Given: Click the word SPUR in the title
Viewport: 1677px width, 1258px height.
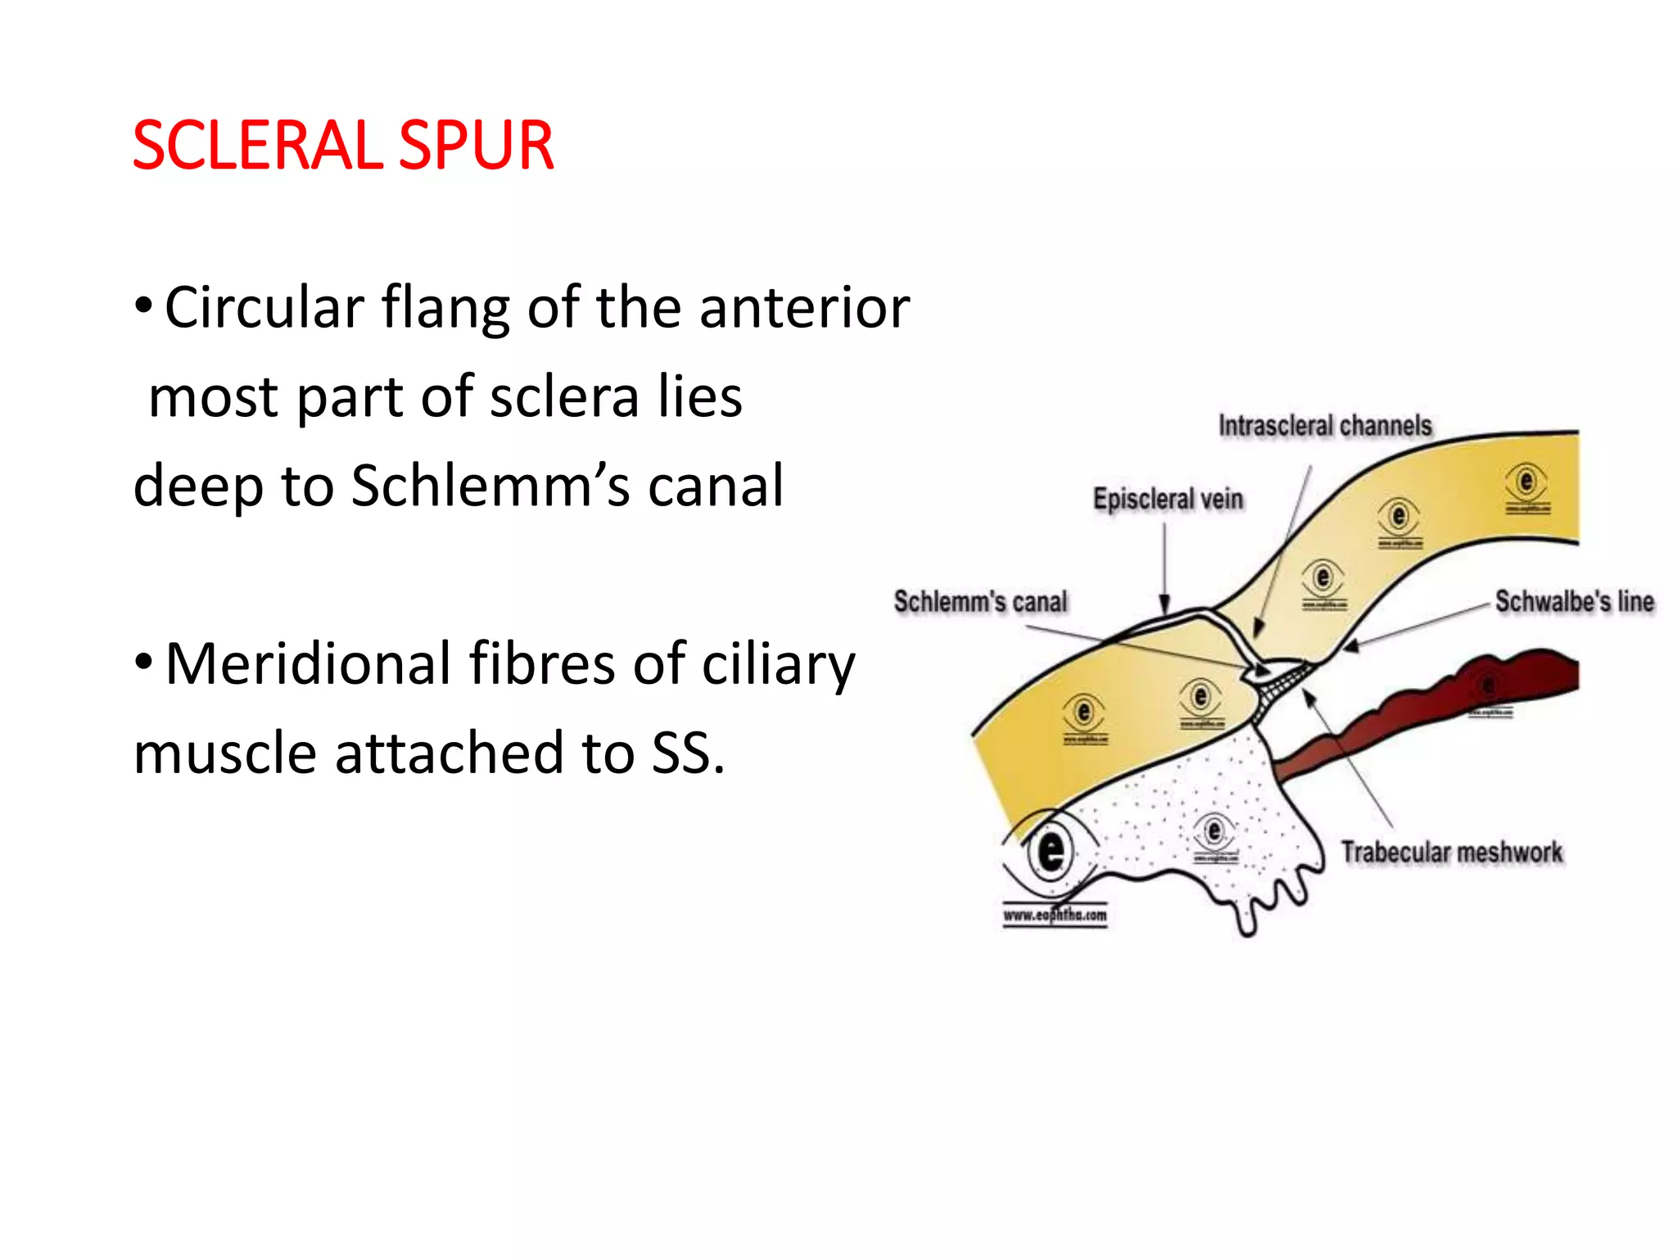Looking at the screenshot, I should coord(477,146).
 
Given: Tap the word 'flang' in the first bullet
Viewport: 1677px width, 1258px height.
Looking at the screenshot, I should coord(445,310).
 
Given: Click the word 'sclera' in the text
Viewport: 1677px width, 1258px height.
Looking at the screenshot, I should coord(564,397).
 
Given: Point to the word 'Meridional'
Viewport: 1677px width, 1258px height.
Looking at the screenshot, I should coord(308,664).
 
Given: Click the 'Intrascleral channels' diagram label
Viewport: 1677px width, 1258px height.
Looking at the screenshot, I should coord(1325,426).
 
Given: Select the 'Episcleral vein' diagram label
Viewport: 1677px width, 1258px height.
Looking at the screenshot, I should coord(1168,499).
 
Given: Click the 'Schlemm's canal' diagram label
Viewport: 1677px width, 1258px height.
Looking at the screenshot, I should coord(981,601).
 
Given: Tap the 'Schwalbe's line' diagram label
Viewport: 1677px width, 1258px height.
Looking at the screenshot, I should coord(1575,601).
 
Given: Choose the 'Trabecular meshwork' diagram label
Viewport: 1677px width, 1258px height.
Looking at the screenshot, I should coord(1452,853).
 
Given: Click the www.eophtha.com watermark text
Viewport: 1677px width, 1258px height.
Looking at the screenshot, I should coord(1055,916).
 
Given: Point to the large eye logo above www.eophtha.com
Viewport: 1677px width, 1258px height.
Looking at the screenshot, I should coord(1051,852).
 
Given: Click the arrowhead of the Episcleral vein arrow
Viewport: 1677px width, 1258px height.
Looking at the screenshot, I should coord(1164,605).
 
